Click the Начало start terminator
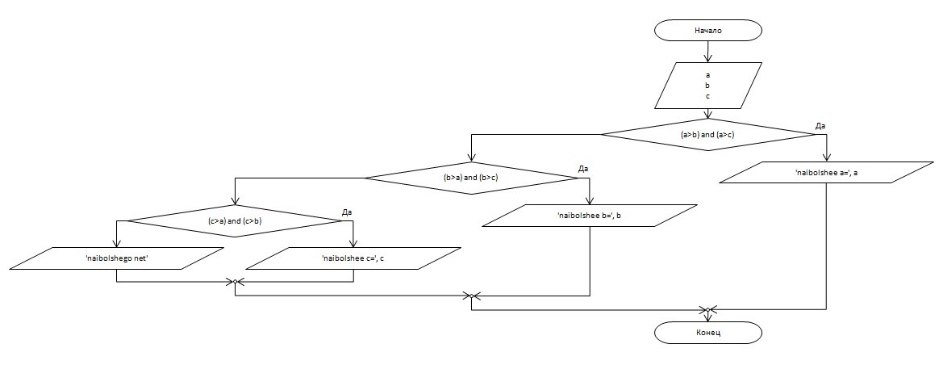point(707,31)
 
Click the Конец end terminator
point(707,332)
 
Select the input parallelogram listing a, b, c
point(707,86)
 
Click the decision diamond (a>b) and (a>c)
point(707,134)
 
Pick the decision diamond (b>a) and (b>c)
point(472,177)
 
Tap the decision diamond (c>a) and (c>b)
point(235,220)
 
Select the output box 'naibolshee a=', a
point(826,173)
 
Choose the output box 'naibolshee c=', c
point(353,258)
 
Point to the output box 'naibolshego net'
point(117,258)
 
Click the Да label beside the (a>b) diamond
point(820,126)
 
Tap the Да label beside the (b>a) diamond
point(584,169)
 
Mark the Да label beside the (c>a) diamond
point(347,212)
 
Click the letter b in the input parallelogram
point(707,86)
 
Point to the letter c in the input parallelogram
point(707,96)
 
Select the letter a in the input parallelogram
point(707,75)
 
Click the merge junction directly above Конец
point(707,309)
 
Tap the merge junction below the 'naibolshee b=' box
point(472,296)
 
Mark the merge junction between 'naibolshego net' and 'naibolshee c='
point(235,282)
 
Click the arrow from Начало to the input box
point(707,52)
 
